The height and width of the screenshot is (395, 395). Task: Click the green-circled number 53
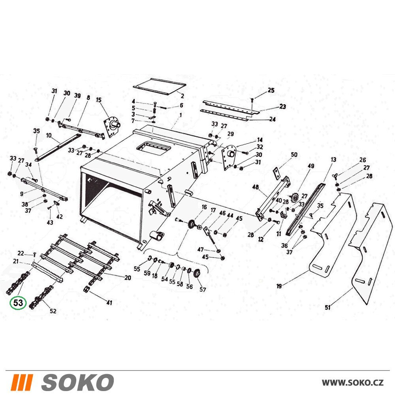click(18, 303)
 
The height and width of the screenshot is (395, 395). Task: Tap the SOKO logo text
click(77, 382)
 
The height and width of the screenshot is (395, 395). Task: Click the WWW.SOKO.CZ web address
click(353, 383)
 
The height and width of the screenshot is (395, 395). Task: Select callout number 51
click(327, 307)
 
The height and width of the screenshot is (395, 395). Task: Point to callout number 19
click(279, 286)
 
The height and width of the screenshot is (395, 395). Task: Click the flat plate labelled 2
click(160, 86)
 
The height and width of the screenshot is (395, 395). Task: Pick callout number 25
click(271, 90)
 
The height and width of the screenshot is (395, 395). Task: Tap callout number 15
click(98, 100)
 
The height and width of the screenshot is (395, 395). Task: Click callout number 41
click(109, 302)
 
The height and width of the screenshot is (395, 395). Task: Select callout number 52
click(53, 311)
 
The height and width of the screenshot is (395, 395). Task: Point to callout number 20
click(128, 278)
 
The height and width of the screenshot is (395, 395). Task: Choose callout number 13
click(333, 160)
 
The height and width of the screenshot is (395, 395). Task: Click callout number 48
click(256, 187)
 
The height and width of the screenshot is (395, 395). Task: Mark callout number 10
click(49, 135)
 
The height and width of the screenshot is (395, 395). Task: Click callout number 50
click(294, 154)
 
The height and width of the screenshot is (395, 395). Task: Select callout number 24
click(272, 119)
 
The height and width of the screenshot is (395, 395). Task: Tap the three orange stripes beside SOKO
click(22, 382)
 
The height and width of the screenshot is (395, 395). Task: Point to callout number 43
click(50, 222)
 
